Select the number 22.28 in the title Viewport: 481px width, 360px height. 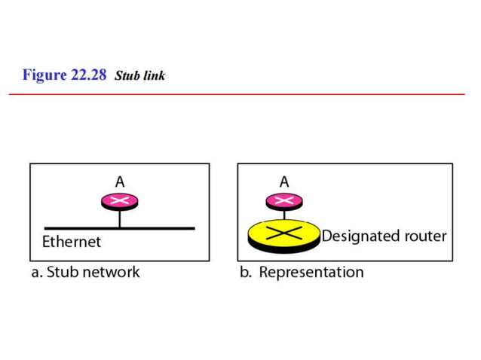coord(89,75)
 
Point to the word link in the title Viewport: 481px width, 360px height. coord(155,76)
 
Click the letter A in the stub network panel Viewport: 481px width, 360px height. coord(120,182)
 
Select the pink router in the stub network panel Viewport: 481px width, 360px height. coord(119,200)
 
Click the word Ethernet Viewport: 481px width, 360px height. coord(71,243)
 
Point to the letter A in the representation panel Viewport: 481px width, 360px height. coord(284,182)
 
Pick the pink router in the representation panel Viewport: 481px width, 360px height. coord(284,200)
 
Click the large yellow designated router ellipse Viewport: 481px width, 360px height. coord(283,236)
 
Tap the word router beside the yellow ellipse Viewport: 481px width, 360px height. coord(425,236)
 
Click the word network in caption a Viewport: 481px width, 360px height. coord(111,272)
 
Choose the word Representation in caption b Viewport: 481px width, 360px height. coord(311,272)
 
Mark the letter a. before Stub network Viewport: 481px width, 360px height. coord(37,272)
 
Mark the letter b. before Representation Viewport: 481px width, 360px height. coord(246,272)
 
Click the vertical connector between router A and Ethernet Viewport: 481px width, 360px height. coord(119,218)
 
